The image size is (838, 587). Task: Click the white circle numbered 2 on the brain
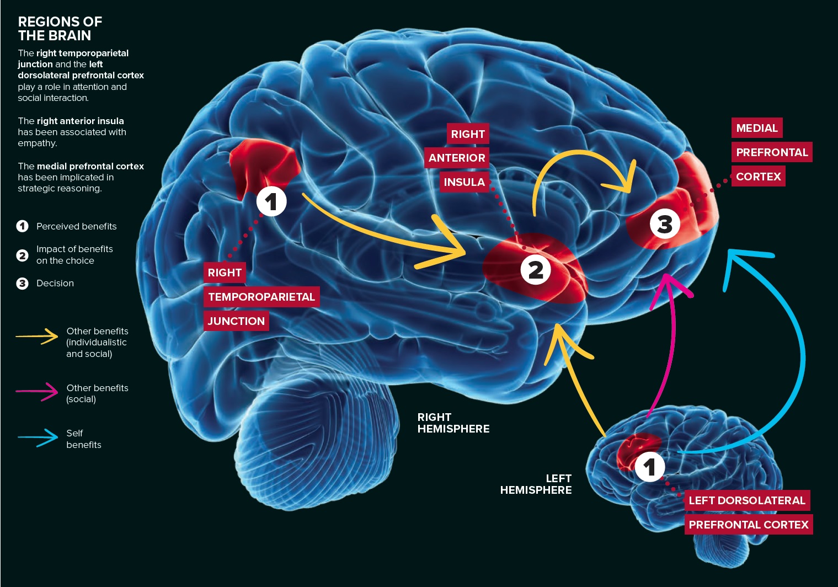[x=536, y=270]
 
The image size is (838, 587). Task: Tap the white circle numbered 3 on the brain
[x=665, y=224]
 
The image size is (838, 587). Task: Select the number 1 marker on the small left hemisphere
[x=650, y=467]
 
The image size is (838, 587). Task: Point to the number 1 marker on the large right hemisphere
[x=271, y=201]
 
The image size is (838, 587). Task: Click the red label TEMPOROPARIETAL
[x=261, y=297]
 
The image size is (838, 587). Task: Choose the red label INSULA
[x=464, y=182]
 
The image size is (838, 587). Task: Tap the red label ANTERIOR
[x=457, y=158]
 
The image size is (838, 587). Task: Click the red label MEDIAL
[x=757, y=128]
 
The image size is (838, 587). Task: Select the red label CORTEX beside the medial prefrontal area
[x=759, y=177]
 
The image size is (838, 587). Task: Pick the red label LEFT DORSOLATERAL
[x=747, y=500]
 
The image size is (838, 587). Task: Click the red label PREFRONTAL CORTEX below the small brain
[x=749, y=525]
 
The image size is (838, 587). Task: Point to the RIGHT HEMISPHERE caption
[x=453, y=423]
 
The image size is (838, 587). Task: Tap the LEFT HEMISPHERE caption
[x=536, y=484]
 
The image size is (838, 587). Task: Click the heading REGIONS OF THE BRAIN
[x=60, y=29]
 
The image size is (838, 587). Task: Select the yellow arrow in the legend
[x=37, y=336]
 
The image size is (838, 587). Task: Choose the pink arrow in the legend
[x=37, y=392]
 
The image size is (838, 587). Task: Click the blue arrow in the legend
[x=37, y=438]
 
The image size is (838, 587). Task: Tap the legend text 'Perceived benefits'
[x=76, y=226]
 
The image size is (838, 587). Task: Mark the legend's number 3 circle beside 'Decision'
[x=23, y=284]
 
